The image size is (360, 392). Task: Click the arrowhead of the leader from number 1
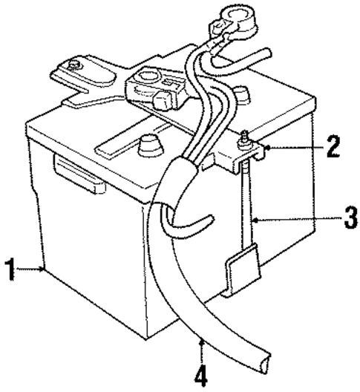[45, 269]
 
